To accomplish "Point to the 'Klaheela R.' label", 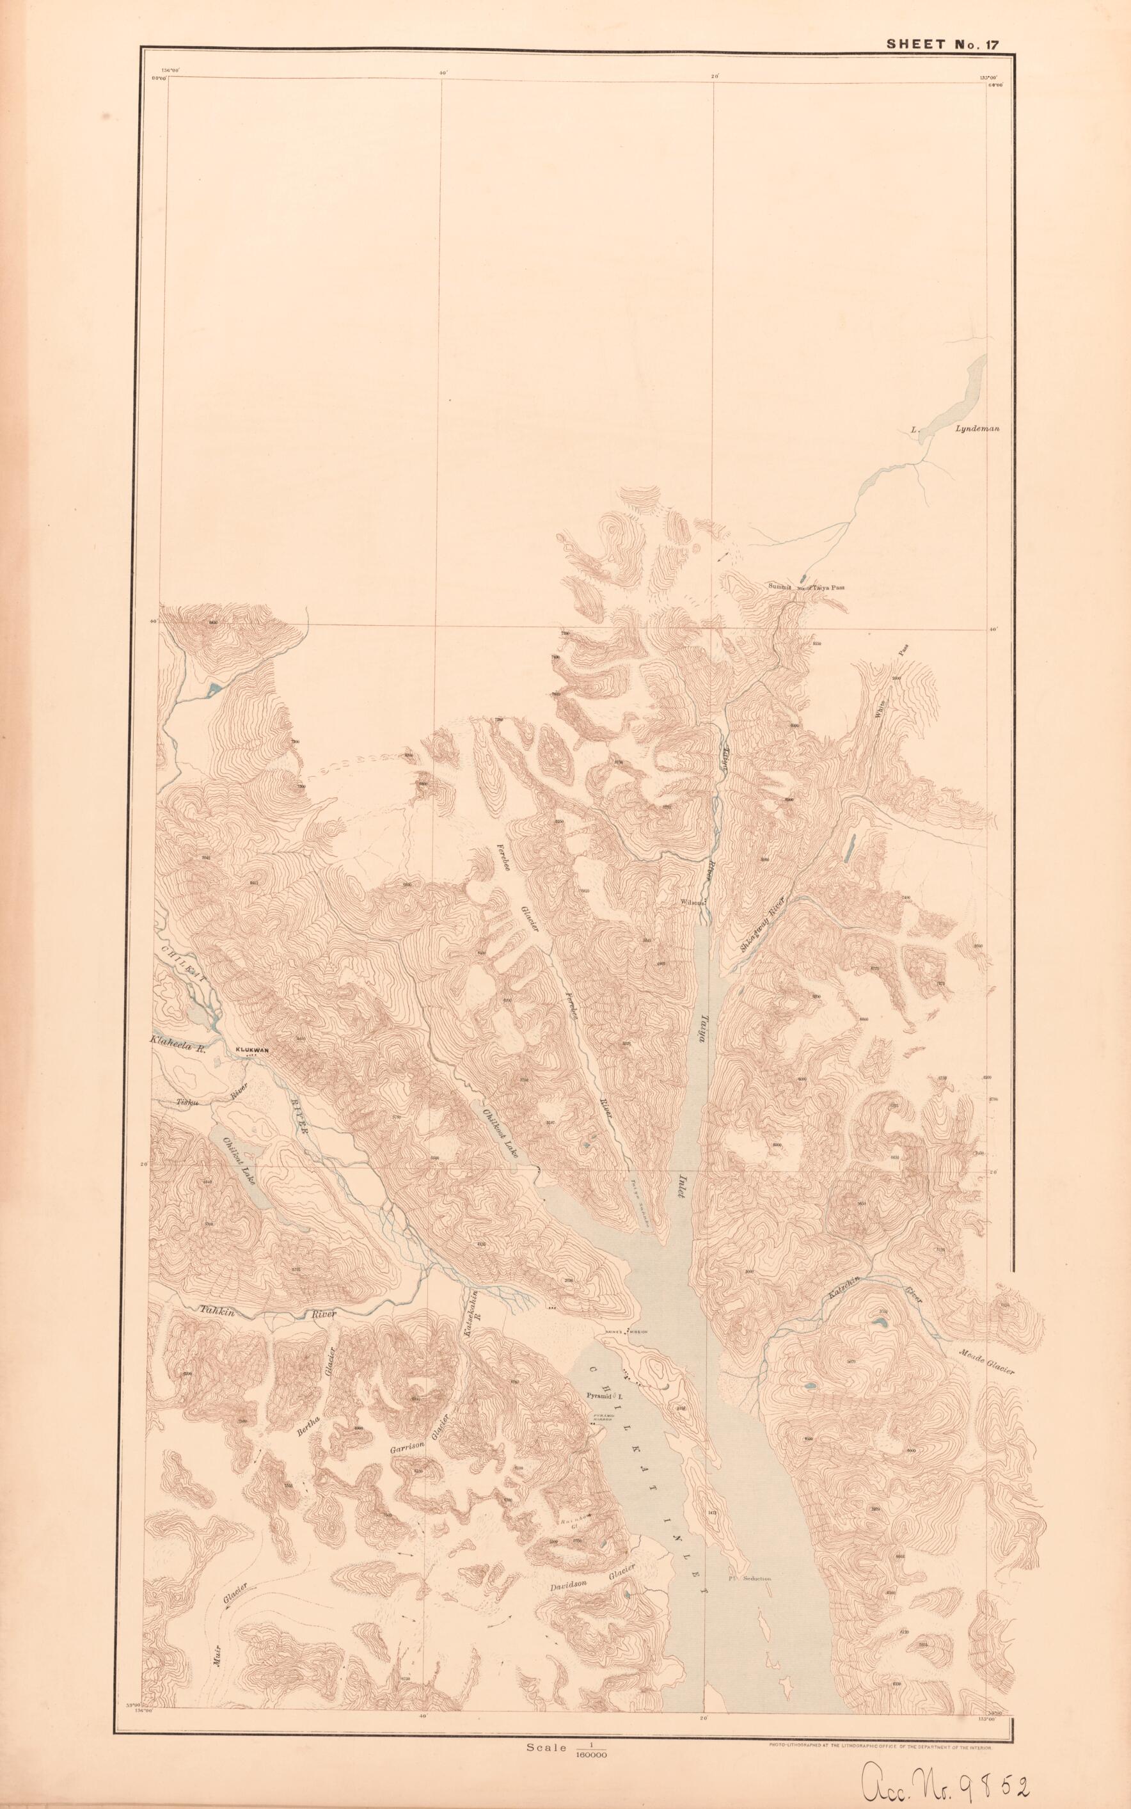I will (x=177, y=1040).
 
